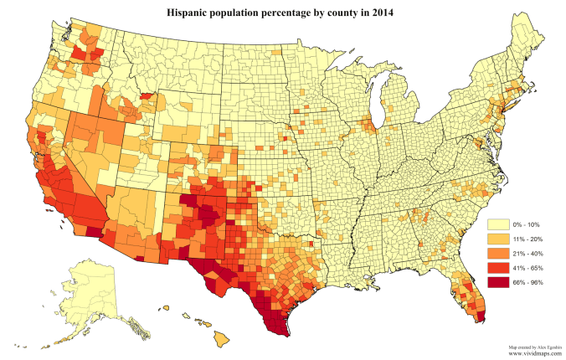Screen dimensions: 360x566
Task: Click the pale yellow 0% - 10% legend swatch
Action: (x=496, y=224)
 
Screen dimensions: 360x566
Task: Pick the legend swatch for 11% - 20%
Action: (x=496, y=239)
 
